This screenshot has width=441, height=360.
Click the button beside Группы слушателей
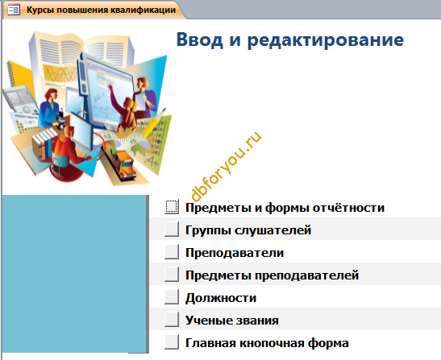click(172, 229)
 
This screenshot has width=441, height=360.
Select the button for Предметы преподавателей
click(172, 274)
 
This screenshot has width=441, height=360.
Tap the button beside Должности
click(172, 296)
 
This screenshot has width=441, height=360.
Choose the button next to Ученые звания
click(172, 319)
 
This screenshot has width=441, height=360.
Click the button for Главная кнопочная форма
click(172, 341)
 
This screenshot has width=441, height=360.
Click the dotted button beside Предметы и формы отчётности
click(172, 206)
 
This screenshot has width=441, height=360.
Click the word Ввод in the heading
click(200, 39)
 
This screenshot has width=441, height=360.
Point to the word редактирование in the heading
click(326, 40)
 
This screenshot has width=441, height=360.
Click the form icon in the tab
click(14, 10)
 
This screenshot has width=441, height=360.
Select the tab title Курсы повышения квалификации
click(102, 10)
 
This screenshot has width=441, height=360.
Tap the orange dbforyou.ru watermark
click(226, 167)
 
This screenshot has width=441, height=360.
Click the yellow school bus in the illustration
click(122, 163)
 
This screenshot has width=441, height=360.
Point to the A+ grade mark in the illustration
click(152, 161)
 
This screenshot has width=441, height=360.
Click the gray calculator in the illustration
click(20, 101)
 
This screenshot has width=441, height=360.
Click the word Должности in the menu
click(221, 298)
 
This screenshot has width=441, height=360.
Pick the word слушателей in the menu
click(273, 230)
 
